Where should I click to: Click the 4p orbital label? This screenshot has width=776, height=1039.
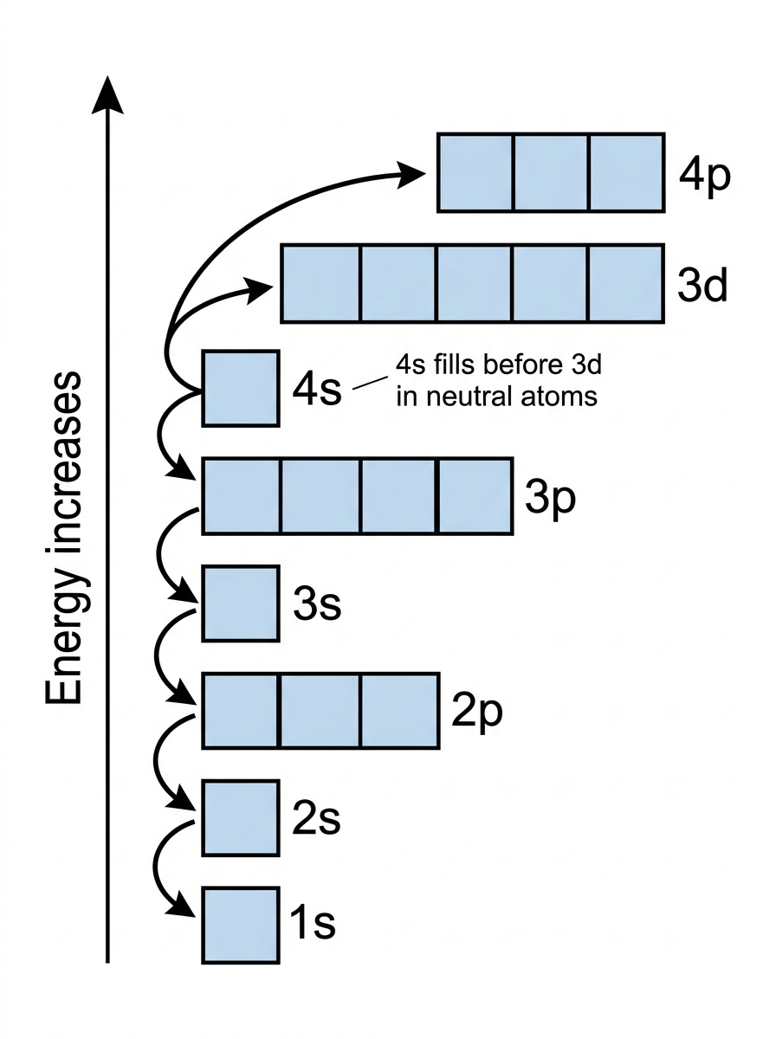[x=705, y=176]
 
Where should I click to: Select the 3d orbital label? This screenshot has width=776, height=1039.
[x=702, y=286]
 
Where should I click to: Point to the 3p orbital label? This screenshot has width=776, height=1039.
[x=550, y=499]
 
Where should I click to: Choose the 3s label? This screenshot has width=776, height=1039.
[x=317, y=604]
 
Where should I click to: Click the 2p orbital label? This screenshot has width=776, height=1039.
[x=477, y=712]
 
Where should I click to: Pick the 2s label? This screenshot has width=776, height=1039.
[x=316, y=818]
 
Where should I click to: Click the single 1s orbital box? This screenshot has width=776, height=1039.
[x=241, y=926]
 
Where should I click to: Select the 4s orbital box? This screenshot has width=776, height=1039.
[x=241, y=389]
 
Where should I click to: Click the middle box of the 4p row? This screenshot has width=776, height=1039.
[x=551, y=173]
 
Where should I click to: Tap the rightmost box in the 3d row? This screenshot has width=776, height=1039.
[x=627, y=284]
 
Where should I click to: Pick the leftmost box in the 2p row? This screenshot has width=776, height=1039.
[x=241, y=711]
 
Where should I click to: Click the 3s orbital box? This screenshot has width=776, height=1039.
[x=241, y=603]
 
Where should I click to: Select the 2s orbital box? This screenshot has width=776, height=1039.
[x=241, y=818]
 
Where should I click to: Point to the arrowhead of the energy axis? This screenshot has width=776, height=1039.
[x=107, y=94]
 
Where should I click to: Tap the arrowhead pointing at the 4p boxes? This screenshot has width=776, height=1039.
[x=410, y=175]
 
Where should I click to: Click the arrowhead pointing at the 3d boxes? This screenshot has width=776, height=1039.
[x=258, y=288]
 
